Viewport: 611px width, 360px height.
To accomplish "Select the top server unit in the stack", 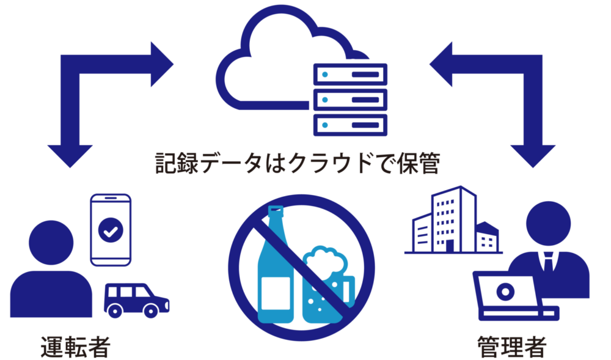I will click(350, 75).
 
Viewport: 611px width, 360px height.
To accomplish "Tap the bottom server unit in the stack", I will click(350, 124).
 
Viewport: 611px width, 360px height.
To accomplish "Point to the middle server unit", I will click(350, 99).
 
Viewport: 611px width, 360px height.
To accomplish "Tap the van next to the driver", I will click(136, 299).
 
